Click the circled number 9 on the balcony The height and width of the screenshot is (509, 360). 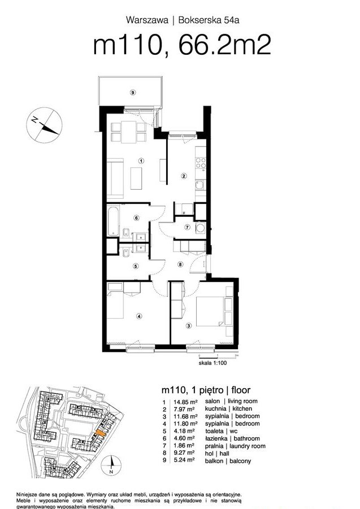click(x=132, y=93)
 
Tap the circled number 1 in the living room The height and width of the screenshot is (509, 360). click(x=141, y=160)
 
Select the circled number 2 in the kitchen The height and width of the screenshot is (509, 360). click(x=184, y=176)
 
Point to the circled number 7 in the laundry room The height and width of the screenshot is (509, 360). click(x=187, y=227)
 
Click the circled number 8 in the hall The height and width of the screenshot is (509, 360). click(x=180, y=264)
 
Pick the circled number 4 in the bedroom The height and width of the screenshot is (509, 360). click(x=139, y=315)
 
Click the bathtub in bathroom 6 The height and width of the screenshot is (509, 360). click(x=113, y=220)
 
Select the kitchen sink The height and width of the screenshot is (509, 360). click(x=200, y=185)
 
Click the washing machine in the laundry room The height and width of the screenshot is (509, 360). click(x=201, y=228)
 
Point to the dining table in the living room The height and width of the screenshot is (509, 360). click(x=128, y=132)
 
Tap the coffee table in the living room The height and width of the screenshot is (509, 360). click(x=136, y=178)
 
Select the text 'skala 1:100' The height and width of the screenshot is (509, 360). click(x=212, y=363)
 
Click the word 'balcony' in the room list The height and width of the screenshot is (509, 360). click(x=240, y=461)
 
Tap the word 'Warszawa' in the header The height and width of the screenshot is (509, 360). click(x=147, y=20)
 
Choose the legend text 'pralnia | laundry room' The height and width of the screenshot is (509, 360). click(x=235, y=446)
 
